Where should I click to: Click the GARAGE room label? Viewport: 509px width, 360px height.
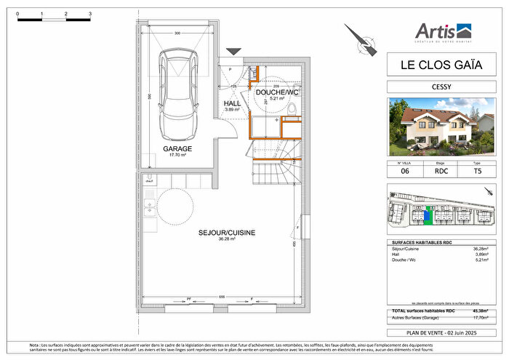click(177, 148)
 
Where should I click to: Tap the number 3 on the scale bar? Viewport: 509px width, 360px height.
click(89, 14)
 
